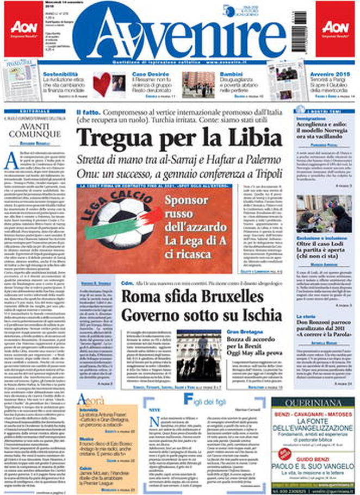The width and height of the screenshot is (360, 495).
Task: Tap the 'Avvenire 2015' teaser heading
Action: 328,72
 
